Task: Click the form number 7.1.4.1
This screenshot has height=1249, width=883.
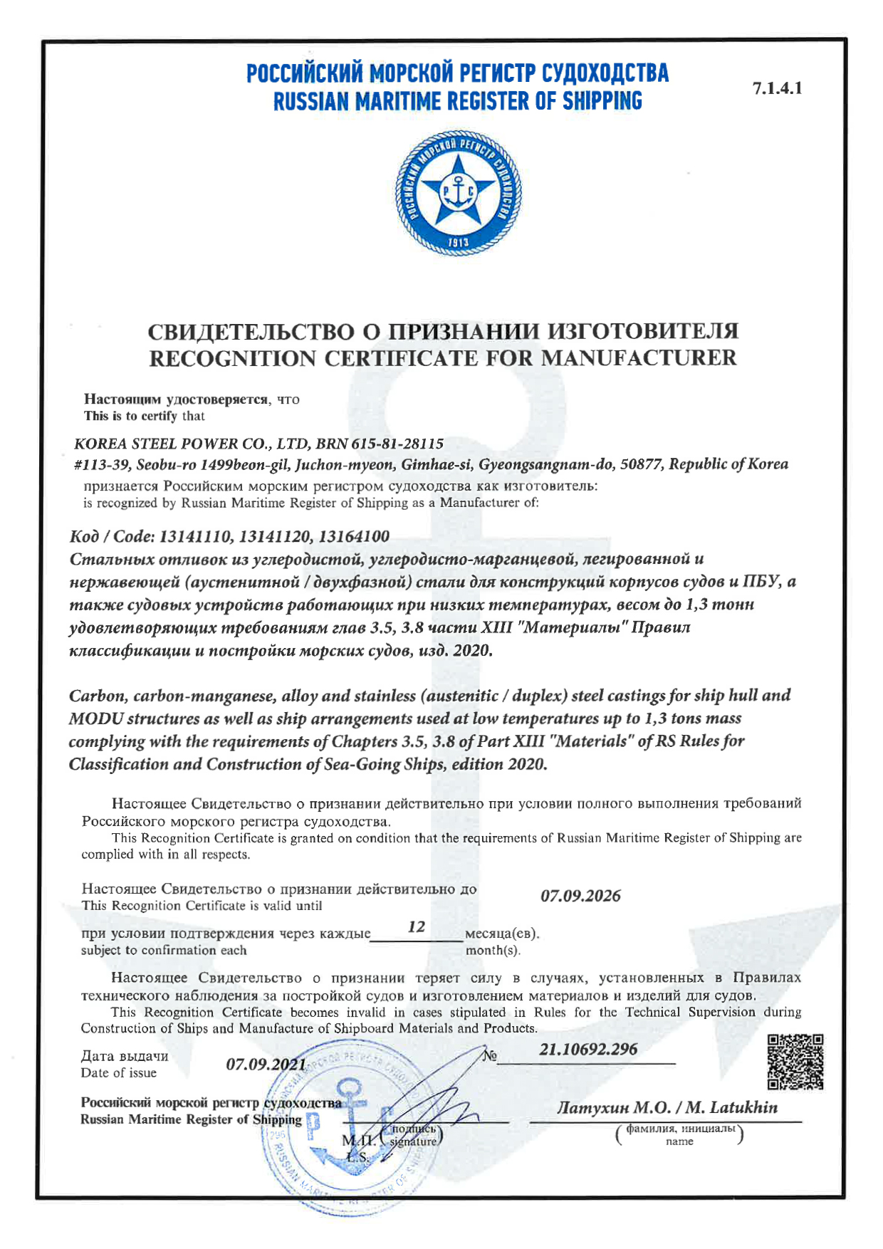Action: (777, 88)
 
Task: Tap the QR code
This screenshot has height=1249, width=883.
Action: (795, 1062)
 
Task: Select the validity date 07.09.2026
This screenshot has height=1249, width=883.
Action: (580, 896)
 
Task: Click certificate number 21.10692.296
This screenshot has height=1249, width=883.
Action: (588, 1049)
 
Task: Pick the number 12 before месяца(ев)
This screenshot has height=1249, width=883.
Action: (417, 926)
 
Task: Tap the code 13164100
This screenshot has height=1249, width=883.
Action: (354, 536)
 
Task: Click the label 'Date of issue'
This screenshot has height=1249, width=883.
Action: (118, 1073)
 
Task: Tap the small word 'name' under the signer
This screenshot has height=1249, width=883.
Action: (679, 1141)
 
